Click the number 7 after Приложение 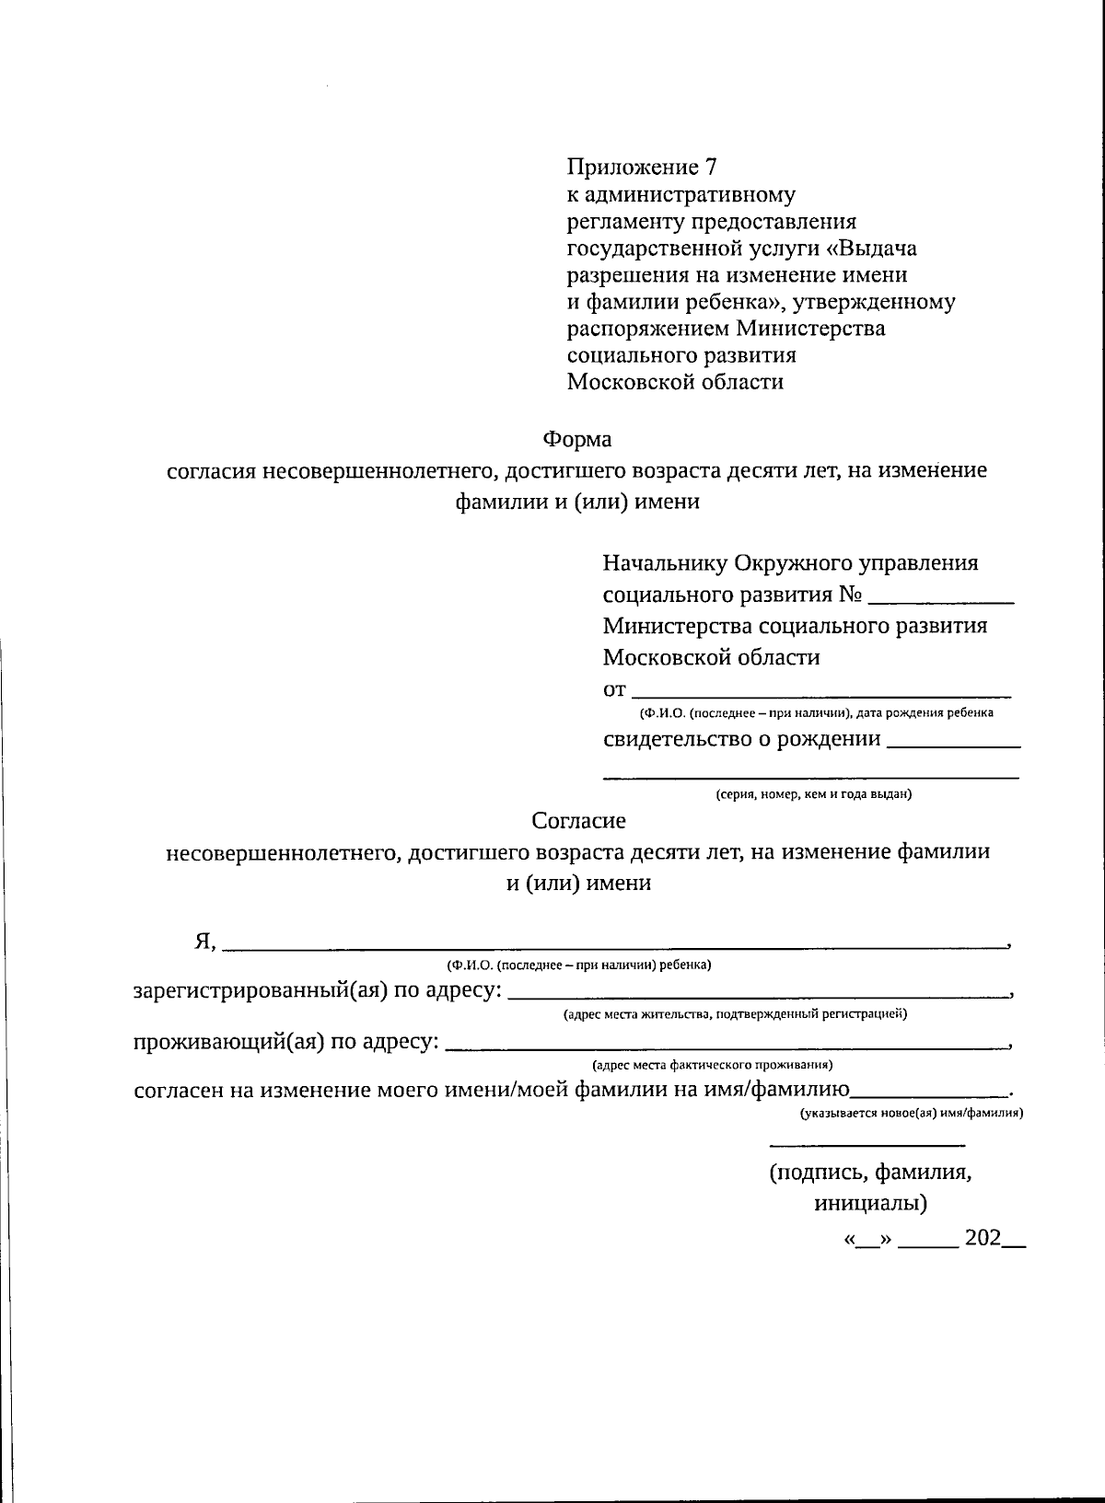[709, 168]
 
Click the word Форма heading [576, 439]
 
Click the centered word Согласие [579, 819]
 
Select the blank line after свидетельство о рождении [952, 745]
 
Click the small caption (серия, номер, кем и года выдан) [814, 794]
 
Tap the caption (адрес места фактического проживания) [713, 1065]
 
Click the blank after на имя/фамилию [930, 1095]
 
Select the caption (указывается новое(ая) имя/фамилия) [912, 1113]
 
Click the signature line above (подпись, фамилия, [867, 1145]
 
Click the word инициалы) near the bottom [870, 1204]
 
